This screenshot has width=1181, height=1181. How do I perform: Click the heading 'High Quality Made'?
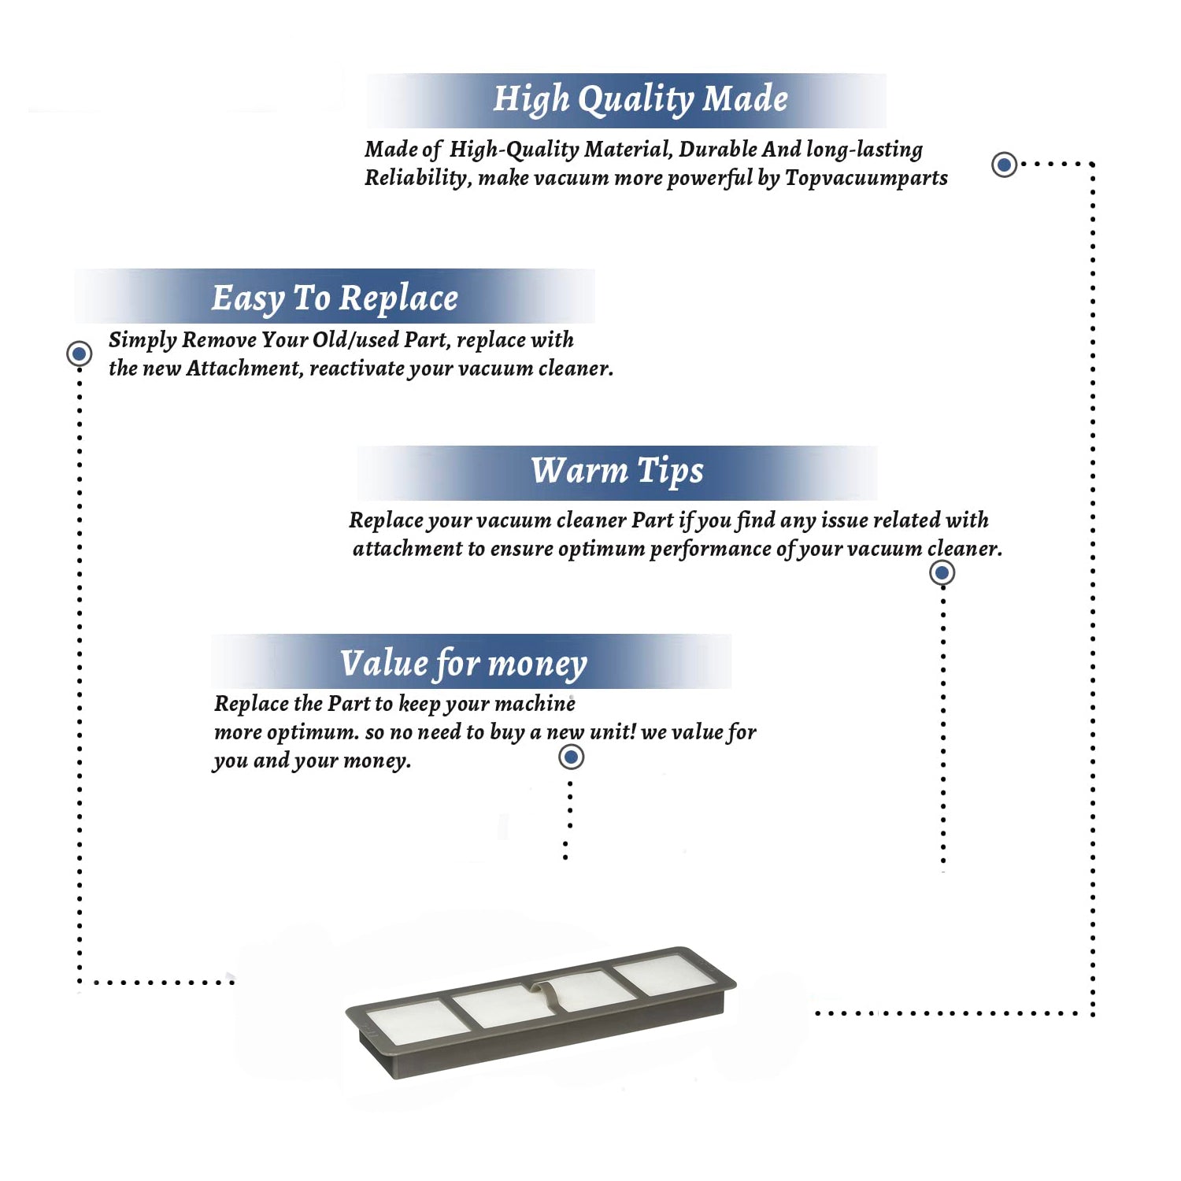coord(640,100)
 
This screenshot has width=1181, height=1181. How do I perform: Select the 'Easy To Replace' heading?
coord(335,298)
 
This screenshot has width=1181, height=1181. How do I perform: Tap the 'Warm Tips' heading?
coord(617,471)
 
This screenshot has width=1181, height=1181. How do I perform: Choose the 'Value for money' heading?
coord(464,663)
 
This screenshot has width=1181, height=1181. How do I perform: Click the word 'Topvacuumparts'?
coord(866,178)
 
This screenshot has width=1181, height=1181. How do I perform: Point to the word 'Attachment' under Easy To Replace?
coord(244,368)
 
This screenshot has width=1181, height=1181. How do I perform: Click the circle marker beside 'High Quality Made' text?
coord(1004,165)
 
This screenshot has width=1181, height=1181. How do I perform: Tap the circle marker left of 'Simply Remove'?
coord(79,354)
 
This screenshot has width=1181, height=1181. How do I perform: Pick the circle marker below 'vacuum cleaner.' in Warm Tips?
coord(942,572)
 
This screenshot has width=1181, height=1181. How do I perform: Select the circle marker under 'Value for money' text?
coord(571,757)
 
